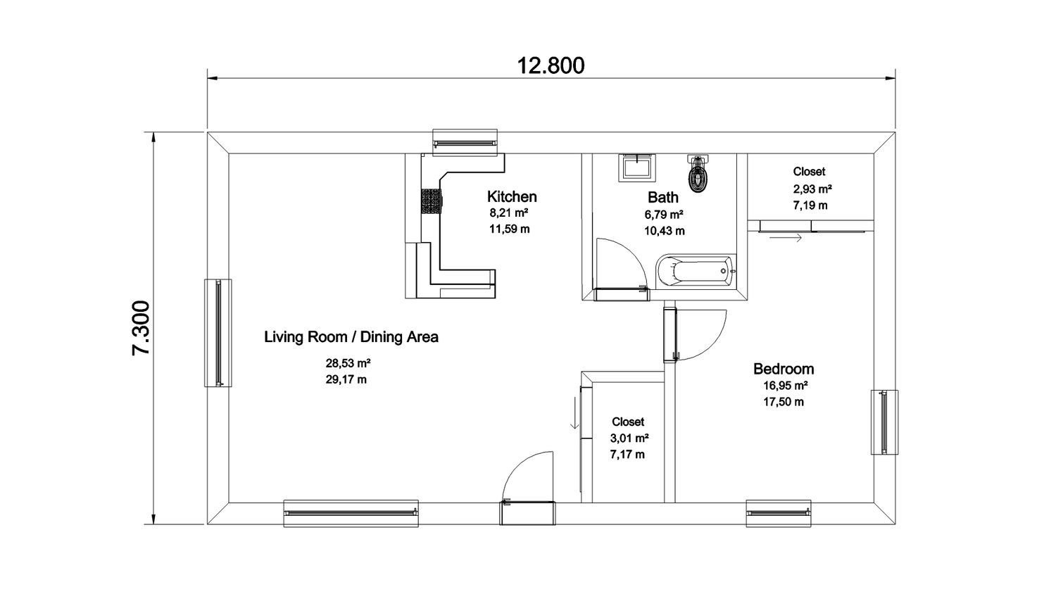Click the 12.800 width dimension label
tap(551, 65)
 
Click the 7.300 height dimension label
tap(141, 328)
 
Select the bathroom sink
tap(638, 168)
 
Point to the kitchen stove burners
tap(430, 201)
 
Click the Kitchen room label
tap(512, 196)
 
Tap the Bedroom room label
tap(783, 369)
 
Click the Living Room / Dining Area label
tap(351, 337)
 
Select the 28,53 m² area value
tap(348, 364)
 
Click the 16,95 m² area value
tap(785, 386)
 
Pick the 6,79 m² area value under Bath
tap(664, 215)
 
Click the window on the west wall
tap(218, 332)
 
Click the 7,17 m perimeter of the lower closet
tap(627, 455)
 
